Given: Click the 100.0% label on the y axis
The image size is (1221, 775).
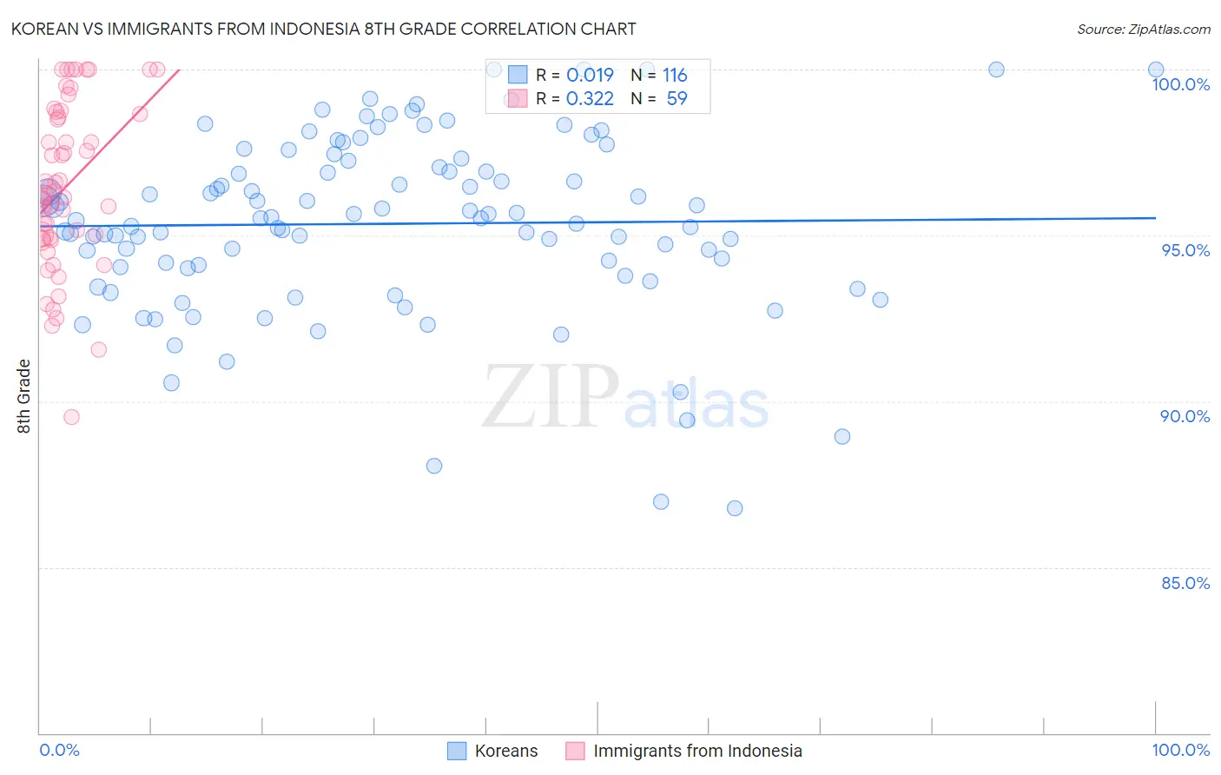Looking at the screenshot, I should (x=1180, y=84).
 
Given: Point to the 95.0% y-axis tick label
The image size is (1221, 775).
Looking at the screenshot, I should (x=1185, y=250).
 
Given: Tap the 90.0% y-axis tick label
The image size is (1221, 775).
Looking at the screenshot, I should (x=1185, y=416).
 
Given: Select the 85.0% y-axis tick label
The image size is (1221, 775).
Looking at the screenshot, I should (x=1185, y=583).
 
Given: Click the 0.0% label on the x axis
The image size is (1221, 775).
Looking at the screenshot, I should (x=59, y=750).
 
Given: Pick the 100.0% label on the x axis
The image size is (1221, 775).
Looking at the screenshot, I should (x=1180, y=750).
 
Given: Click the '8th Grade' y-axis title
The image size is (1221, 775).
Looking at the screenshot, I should (x=23, y=396).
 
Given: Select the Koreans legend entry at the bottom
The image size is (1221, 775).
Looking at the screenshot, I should (x=505, y=751).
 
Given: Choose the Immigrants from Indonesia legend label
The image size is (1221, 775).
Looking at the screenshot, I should (x=697, y=751).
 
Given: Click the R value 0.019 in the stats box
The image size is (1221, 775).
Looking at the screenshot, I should (x=590, y=76).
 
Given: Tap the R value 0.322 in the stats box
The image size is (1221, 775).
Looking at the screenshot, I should (x=590, y=99).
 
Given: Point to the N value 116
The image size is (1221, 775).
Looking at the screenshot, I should (x=675, y=76).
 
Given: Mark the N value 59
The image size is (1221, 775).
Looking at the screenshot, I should (x=676, y=99).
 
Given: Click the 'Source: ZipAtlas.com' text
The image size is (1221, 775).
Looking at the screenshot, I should (x=1143, y=30).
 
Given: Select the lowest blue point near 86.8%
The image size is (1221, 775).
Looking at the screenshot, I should (x=735, y=508).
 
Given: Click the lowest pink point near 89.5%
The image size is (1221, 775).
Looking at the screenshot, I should (x=71, y=417).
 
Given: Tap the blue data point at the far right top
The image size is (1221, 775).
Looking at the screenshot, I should (x=1156, y=70).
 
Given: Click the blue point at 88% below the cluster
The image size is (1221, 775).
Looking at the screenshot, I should (x=434, y=466).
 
